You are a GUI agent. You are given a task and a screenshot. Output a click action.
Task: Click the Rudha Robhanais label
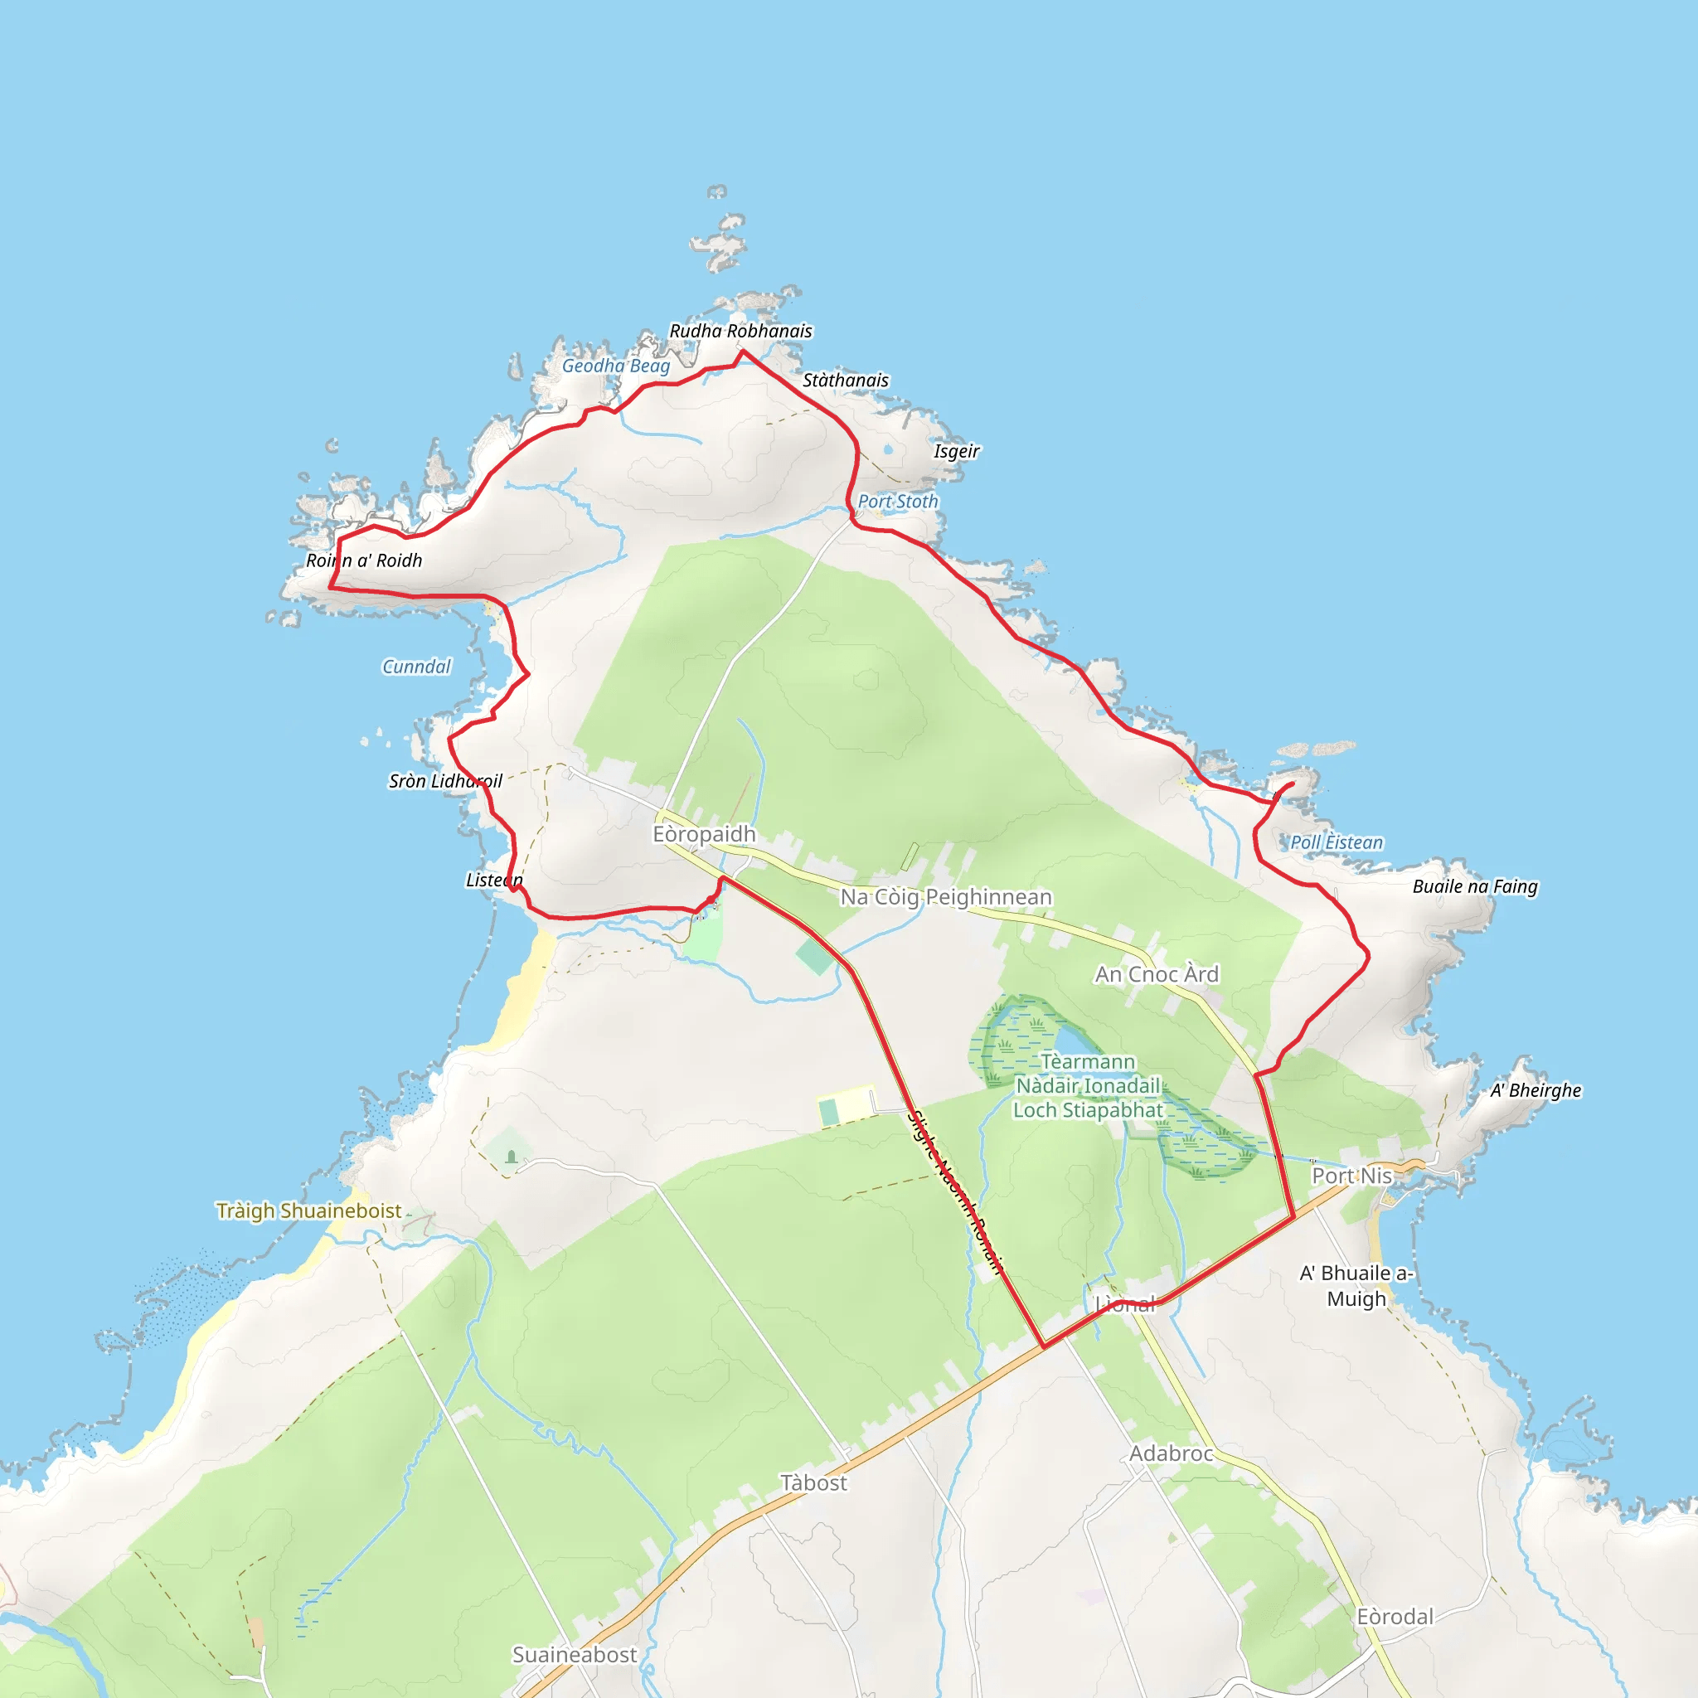(x=741, y=332)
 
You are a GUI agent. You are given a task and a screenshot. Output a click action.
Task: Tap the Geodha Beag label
(x=616, y=366)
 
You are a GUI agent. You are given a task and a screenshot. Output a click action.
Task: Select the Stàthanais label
(x=846, y=381)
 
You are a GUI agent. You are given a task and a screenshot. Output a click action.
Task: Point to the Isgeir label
(x=956, y=452)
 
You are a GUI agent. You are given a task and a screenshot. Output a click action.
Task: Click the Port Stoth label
(x=897, y=502)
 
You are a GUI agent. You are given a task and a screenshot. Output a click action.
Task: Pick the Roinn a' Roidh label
(x=364, y=560)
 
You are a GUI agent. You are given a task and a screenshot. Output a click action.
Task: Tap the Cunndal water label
(x=416, y=667)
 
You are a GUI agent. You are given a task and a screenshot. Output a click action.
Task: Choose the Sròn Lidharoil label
(x=445, y=781)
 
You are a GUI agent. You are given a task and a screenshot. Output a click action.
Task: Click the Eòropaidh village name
(x=704, y=834)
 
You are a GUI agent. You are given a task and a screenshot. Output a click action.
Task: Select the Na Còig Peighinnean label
(x=946, y=897)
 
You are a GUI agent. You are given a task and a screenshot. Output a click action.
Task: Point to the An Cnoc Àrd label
(x=1157, y=975)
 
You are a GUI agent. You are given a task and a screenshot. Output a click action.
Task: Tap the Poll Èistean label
(x=1336, y=843)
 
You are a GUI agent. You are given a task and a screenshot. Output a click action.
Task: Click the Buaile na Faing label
(x=1475, y=887)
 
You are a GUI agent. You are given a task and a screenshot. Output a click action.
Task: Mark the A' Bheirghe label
(x=1535, y=1091)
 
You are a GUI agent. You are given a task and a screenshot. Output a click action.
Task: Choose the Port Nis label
(x=1351, y=1176)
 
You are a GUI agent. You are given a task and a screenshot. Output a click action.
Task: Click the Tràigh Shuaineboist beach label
(x=308, y=1211)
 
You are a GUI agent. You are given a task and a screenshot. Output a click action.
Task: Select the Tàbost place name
(x=814, y=1483)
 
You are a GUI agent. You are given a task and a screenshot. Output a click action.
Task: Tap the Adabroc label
(x=1171, y=1453)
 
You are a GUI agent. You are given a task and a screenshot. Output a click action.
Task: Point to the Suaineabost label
(x=575, y=1655)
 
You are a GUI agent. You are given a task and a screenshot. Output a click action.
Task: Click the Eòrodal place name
(x=1395, y=1617)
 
